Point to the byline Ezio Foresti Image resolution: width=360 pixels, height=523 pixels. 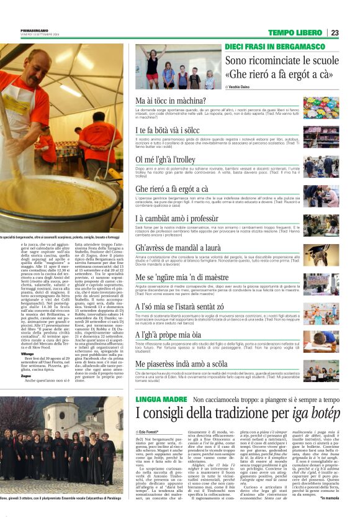153,430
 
